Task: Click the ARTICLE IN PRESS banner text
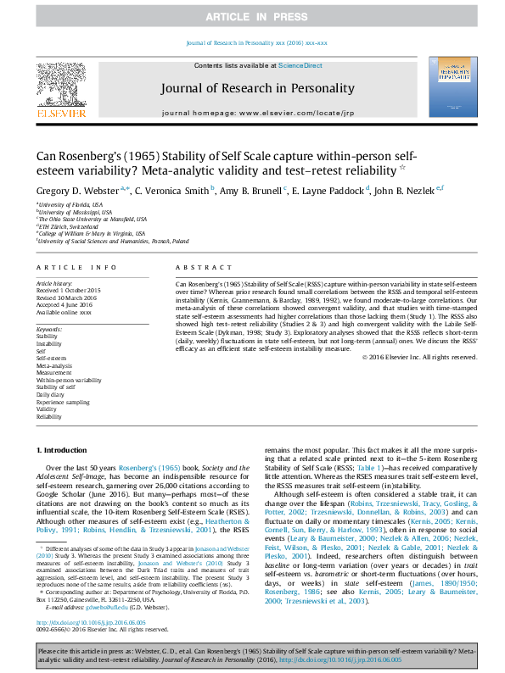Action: click(x=252, y=17)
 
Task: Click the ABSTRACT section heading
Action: click(x=192, y=266)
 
